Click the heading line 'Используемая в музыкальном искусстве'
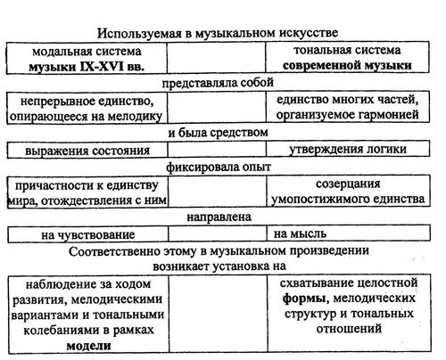coord(218,33)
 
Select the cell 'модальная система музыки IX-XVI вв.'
coord(87,58)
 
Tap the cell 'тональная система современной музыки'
coord(347,57)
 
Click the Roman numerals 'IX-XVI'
coord(102,66)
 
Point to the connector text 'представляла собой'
coord(218,83)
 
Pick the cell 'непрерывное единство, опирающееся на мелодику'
coord(87,108)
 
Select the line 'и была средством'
coord(218,133)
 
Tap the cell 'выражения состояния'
coord(87,151)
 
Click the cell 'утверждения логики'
coord(348,149)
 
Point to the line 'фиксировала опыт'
coord(219,167)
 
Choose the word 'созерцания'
coord(348,184)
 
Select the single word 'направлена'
coord(219,217)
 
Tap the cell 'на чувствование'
coord(87,235)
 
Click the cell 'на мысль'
coord(349,233)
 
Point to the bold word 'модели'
coord(88,346)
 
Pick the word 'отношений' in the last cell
coord(349,329)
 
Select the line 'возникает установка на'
coord(219,266)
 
